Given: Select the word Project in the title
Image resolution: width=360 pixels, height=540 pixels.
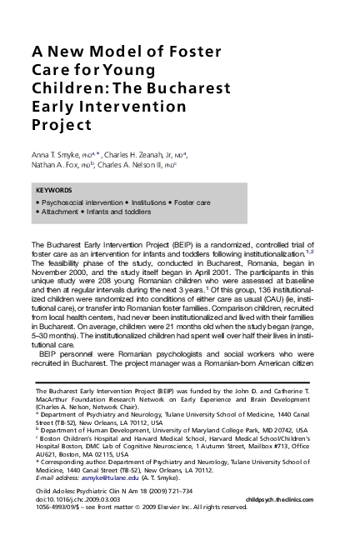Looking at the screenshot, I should tap(59, 126).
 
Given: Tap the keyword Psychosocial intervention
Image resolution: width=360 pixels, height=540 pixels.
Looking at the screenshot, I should tap(84, 202).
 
